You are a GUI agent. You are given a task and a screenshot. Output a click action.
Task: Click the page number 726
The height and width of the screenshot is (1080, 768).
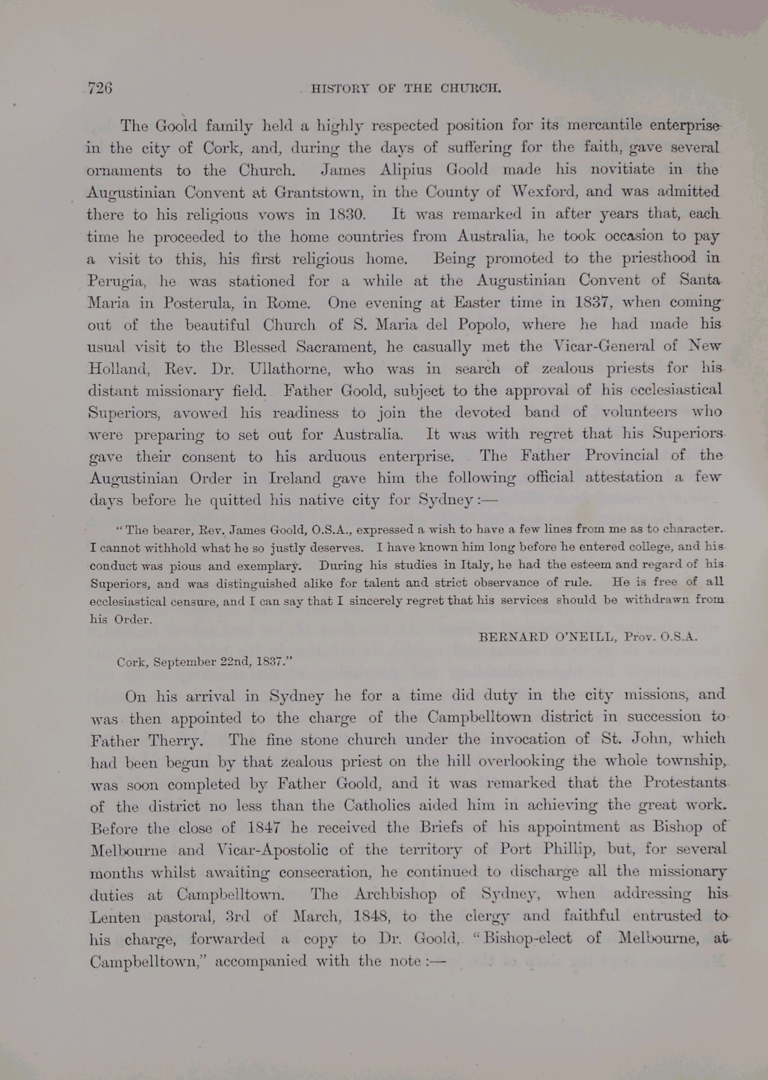coord(100,88)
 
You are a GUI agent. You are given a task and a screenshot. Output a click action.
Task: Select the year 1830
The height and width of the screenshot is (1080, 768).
coord(347,214)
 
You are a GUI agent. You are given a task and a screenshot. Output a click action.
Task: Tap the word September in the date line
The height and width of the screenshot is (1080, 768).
coord(185,662)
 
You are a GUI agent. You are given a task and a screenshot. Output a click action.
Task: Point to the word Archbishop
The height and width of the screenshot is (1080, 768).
coord(395,894)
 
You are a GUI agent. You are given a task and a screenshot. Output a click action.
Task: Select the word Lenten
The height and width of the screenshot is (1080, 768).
coord(115,918)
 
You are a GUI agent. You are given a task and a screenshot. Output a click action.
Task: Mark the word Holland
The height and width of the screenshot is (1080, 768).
coord(114,369)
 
